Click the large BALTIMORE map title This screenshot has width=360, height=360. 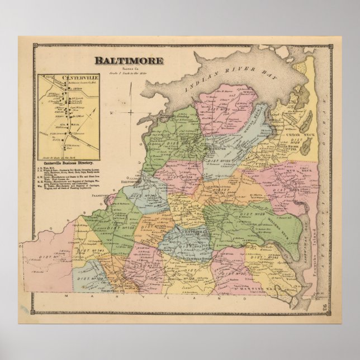coord(129,60)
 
